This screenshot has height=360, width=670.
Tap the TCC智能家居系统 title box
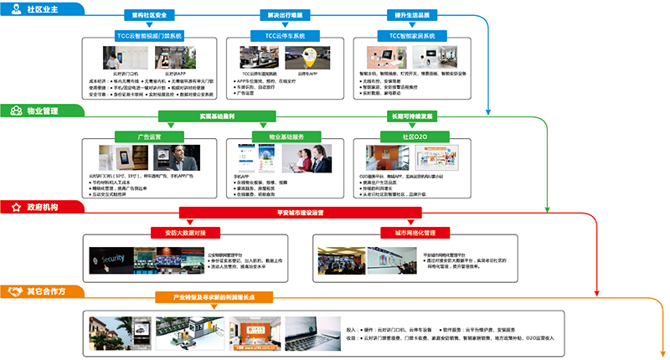pyautogui.click(x=407, y=36)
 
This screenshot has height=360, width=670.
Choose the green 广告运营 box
pyautogui.click(x=149, y=135)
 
